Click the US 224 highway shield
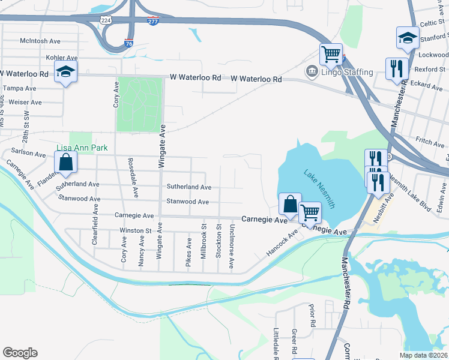click(x=105, y=19)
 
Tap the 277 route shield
click(x=152, y=21)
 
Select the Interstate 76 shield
click(x=129, y=43)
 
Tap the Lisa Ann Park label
click(x=82, y=148)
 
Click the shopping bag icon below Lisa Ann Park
click(x=65, y=162)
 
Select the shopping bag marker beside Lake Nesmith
click(x=290, y=204)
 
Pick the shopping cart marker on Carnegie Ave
click(x=310, y=212)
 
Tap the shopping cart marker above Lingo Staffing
click(x=331, y=55)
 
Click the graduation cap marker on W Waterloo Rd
click(x=65, y=72)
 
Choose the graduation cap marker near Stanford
click(x=408, y=38)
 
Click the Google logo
click(x=20, y=352)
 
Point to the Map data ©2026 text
click(x=423, y=355)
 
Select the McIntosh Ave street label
click(x=40, y=41)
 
